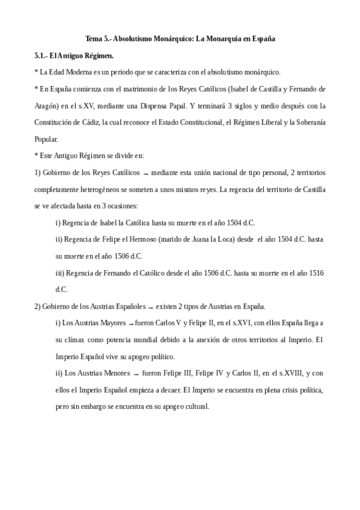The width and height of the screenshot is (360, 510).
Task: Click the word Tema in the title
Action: pos(93,39)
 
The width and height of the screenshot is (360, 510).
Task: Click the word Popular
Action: pos(47,140)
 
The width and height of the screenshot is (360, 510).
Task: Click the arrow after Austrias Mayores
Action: pos(130,324)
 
